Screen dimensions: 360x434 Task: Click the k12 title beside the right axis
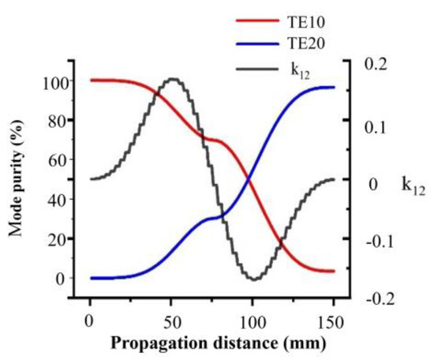click(x=416, y=186)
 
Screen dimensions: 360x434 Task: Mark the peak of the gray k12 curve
click(x=171, y=79)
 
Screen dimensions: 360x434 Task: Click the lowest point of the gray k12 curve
click(x=253, y=279)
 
